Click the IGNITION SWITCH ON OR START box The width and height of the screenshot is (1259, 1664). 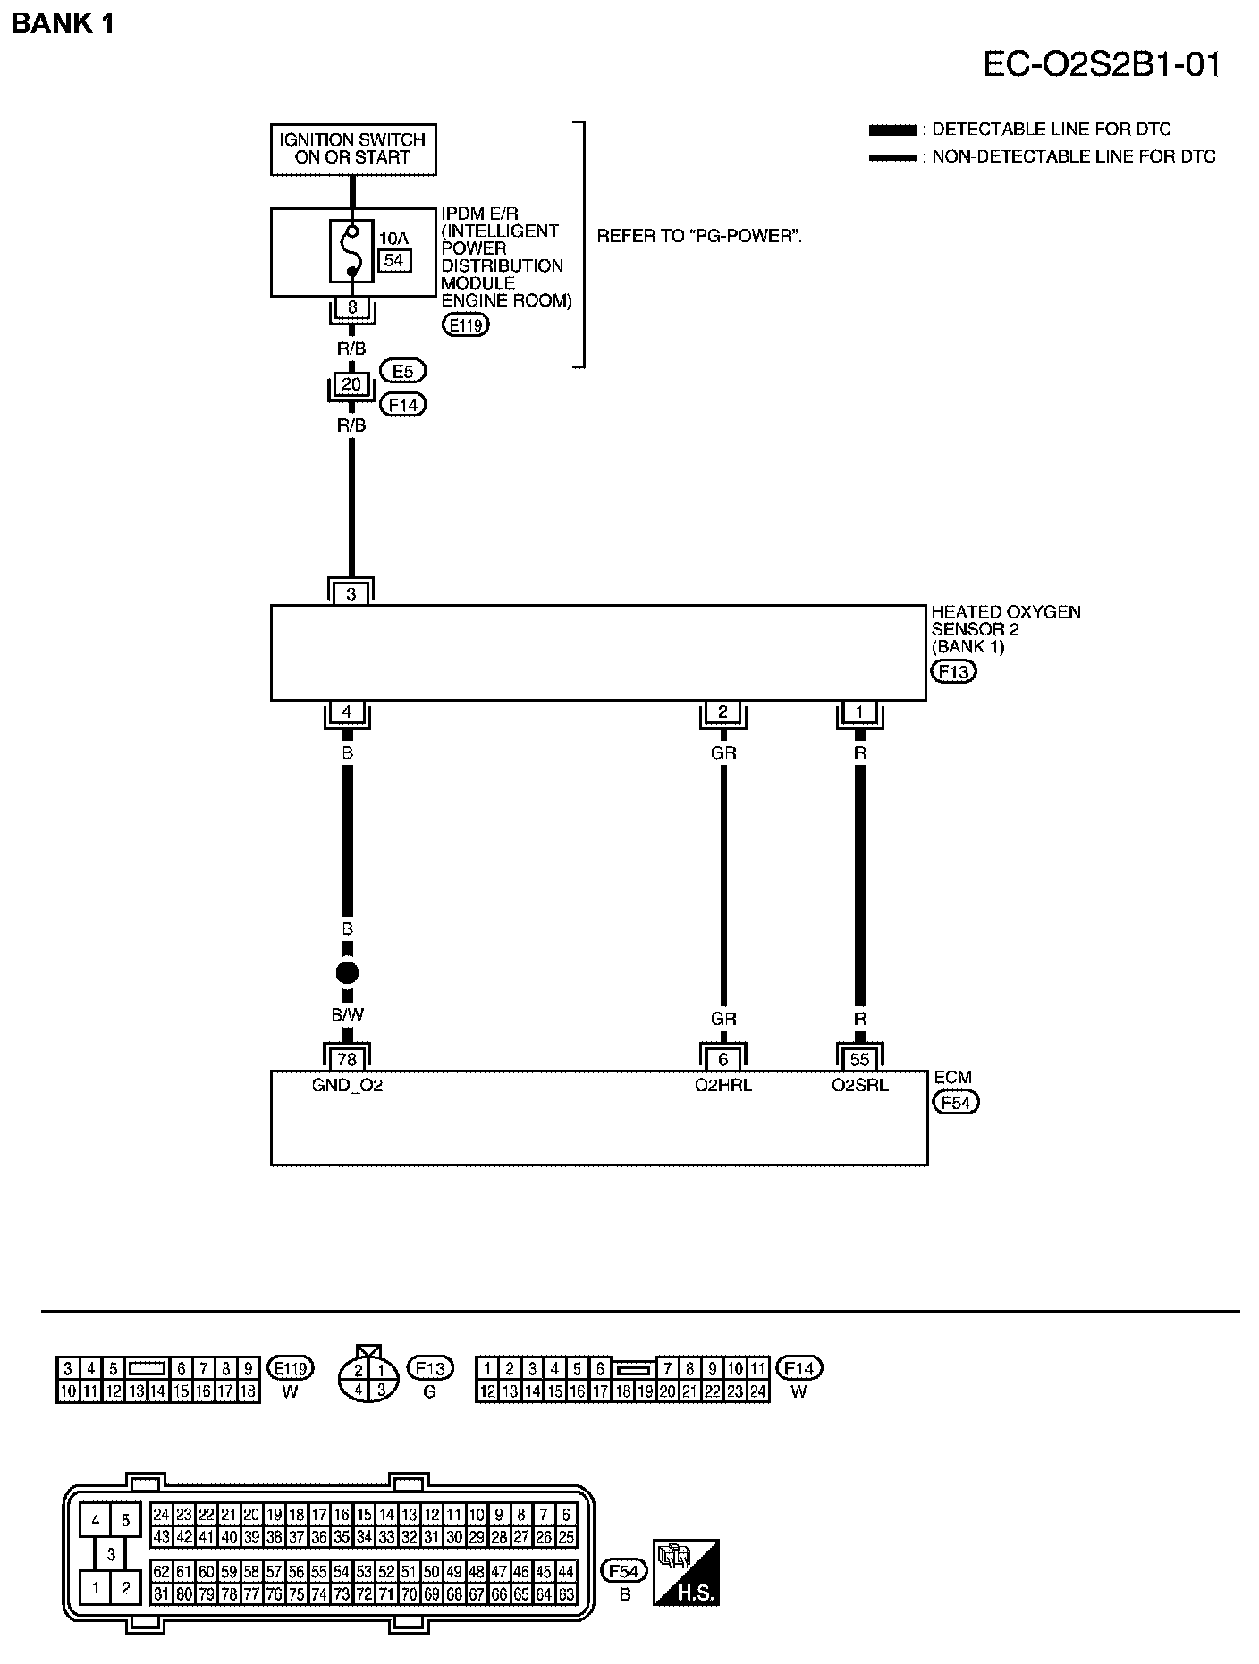pyautogui.click(x=353, y=148)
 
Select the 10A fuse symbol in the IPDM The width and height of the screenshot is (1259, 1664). pyautogui.click(x=352, y=251)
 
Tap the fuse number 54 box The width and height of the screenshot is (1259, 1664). pyautogui.click(x=394, y=260)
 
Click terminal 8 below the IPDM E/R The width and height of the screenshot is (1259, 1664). pyautogui.click(x=352, y=307)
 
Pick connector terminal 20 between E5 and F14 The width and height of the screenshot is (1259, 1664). pyautogui.click(x=351, y=384)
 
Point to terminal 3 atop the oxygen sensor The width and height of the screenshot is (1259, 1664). pyautogui.click(x=351, y=593)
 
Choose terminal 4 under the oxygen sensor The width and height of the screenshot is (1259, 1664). pyautogui.click(x=347, y=713)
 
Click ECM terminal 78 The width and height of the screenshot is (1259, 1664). pyautogui.click(x=347, y=1059)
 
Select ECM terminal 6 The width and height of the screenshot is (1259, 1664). pyautogui.click(x=722, y=1059)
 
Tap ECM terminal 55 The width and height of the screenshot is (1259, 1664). pyautogui.click(x=859, y=1059)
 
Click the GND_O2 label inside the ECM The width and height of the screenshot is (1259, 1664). pyautogui.click(x=347, y=1086)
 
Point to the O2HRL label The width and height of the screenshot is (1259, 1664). pyautogui.click(x=722, y=1086)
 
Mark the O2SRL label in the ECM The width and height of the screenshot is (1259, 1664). pyautogui.click(x=859, y=1086)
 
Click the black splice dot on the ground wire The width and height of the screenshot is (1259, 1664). pyautogui.click(x=347, y=973)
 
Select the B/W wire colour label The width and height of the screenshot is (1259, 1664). pyautogui.click(x=347, y=1015)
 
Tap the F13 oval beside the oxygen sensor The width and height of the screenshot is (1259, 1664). pyautogui.click(x=953, y=671)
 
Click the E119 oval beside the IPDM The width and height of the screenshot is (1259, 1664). pyautogui.click(x=466, y=325)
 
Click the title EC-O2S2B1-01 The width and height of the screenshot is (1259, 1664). pyautogui.click(x=1102, y=65)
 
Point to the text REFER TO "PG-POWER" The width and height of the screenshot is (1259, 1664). pyautogui.click(x=698, y=237)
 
